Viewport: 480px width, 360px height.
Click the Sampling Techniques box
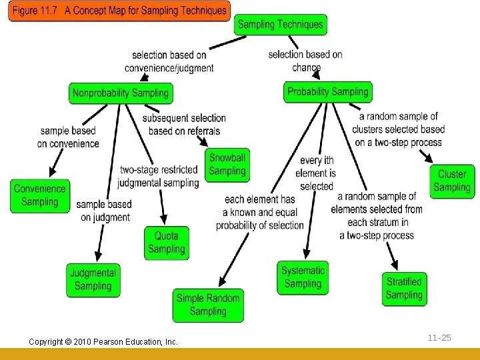280,25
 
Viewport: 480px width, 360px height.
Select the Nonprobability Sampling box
120,93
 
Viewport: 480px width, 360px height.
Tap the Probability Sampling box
327,92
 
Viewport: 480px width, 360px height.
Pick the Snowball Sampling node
227,165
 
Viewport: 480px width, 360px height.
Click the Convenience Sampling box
40,195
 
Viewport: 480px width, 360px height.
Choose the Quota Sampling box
167,243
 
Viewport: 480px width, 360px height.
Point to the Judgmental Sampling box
93,279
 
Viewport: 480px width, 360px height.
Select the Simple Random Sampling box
208,305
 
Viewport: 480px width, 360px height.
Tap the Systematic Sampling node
303,277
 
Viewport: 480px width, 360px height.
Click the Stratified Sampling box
404,289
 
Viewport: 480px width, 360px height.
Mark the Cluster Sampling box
452,181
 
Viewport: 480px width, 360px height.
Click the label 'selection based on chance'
305,60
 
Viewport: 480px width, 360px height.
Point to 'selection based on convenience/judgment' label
169,61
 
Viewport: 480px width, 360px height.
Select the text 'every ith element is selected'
317,173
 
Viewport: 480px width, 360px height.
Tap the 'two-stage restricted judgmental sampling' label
159,177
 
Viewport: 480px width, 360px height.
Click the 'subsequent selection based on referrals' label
184,125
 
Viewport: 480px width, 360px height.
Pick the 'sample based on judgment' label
105,211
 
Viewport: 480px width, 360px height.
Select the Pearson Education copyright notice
103,341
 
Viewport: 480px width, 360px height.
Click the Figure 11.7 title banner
119,11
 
